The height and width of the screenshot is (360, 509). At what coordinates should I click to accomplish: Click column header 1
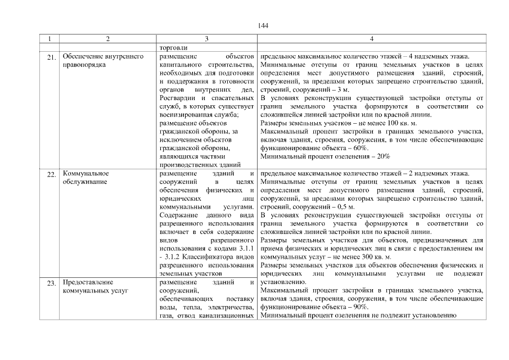[50, 39]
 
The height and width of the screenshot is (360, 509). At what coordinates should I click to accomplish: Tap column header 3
[206, 39]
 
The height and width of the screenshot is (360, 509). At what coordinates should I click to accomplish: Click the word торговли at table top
[174, 48]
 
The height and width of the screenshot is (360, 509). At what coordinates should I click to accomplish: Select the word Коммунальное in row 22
[85, 174]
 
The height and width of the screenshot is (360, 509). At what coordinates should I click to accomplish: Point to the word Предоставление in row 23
[88, 282]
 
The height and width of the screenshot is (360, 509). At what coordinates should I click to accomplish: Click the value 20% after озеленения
[383, 156]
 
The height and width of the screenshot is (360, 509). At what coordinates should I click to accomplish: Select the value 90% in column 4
[361, 307]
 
